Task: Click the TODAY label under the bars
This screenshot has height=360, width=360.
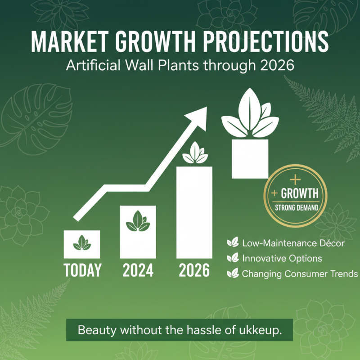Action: coord(82,270)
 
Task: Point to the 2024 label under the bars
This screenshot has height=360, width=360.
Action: coord(138,270)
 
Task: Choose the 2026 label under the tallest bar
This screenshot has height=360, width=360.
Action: coord(194,270)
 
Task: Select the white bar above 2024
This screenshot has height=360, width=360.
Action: coord(138,232)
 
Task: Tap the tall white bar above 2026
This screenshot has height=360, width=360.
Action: coord(194,211)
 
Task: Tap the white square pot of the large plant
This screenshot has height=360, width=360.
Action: coord(250,158)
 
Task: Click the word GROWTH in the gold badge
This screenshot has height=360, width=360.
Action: coord(299,194)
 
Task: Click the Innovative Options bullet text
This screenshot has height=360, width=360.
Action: coord(282,258)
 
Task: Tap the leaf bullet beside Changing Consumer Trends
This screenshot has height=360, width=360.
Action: coord(232,273)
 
